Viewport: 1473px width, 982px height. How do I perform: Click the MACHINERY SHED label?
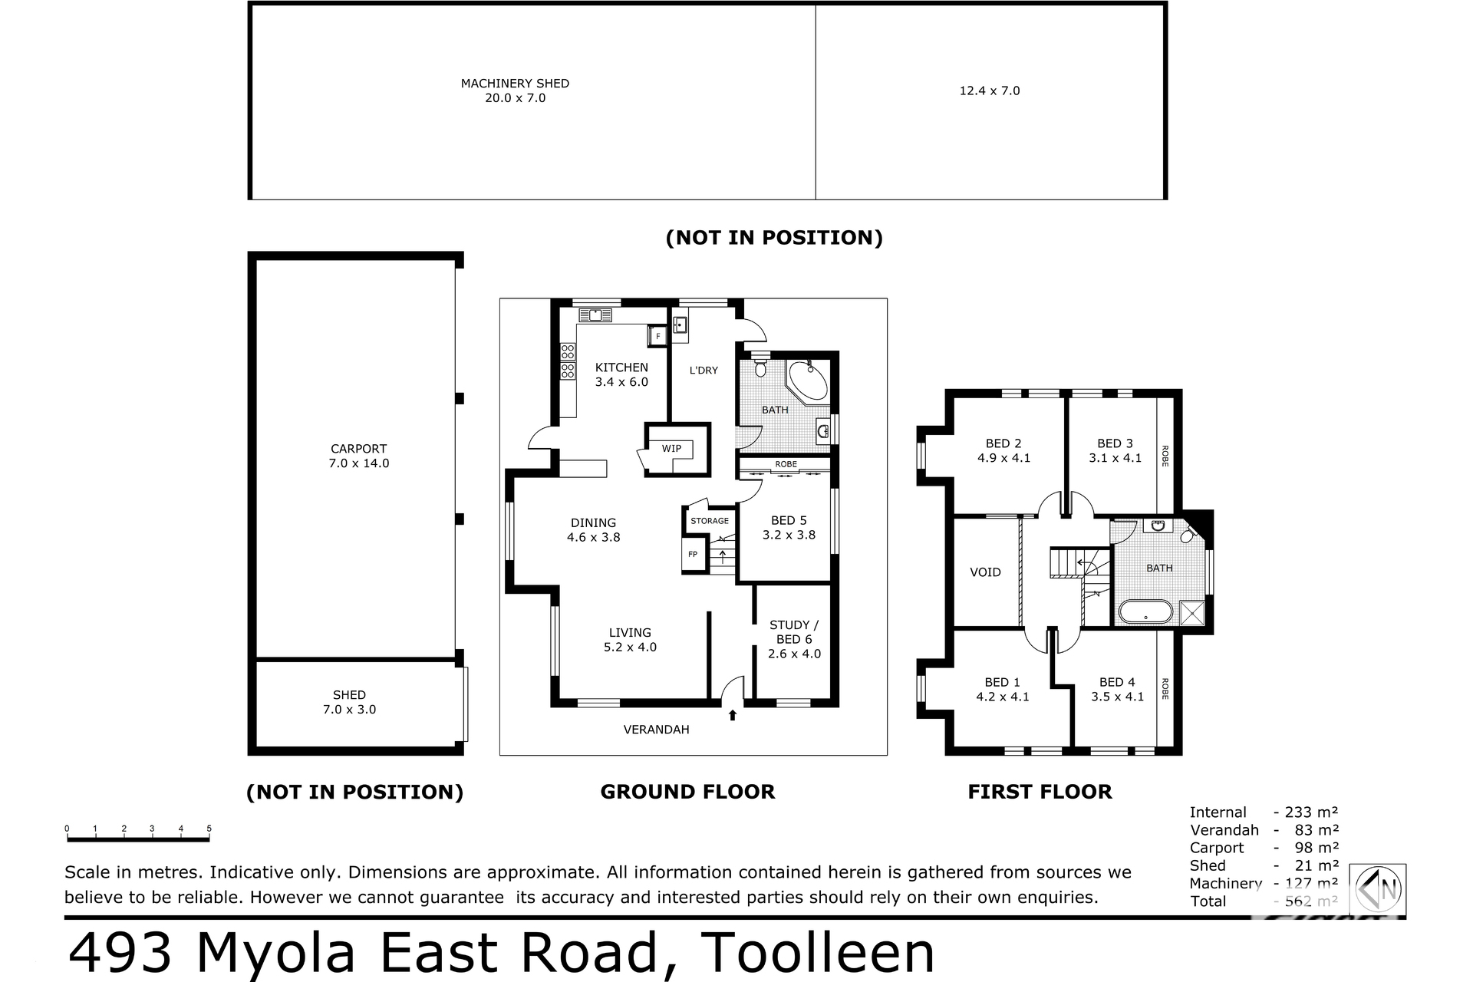point(515,83)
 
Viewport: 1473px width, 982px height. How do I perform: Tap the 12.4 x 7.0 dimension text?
point(990,91)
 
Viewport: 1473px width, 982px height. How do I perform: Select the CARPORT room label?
point(358,449)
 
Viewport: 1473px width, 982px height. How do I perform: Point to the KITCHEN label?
point(621,367)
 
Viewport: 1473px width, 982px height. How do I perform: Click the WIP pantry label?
point(671,449)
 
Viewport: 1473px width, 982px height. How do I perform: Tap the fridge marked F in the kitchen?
point(657,336)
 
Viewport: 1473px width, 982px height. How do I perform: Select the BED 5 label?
point(789,520)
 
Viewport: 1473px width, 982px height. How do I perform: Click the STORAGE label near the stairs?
point(710,521)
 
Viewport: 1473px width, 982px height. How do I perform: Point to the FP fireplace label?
point(693,554)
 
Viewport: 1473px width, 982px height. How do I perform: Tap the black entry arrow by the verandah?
point(733,715)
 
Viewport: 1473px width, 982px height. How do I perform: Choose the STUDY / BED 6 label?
point(794,632)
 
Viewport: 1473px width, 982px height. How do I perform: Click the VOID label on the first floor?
point(985,572)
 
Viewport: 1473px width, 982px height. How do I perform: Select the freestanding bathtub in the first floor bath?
point(1145,611)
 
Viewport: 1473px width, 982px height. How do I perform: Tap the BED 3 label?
point(1115,443)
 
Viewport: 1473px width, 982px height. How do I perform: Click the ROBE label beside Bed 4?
point(1165,688)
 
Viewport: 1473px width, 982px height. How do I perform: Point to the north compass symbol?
point(1379,889)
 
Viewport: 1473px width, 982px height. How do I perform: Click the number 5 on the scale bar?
point(209,829)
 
